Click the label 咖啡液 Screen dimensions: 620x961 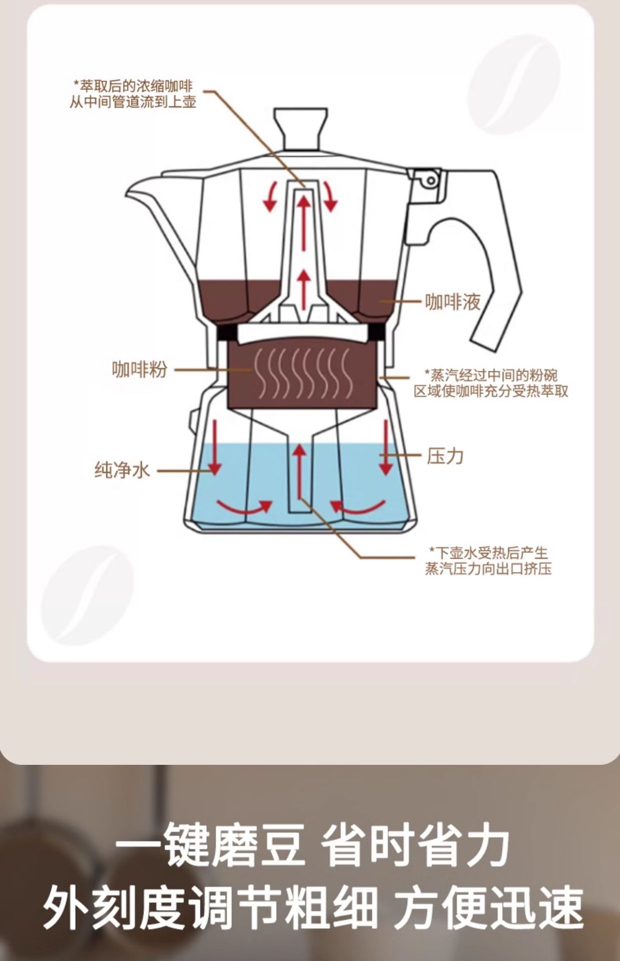[452, 302]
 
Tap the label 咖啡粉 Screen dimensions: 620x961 [139, 369]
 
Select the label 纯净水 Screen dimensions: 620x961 [122, 470]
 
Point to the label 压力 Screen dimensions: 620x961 [445, 456]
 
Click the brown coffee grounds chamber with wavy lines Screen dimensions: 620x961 [301, 375]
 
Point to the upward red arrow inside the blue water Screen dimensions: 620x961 [299, 470]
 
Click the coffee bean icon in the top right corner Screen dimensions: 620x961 [515, 88]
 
